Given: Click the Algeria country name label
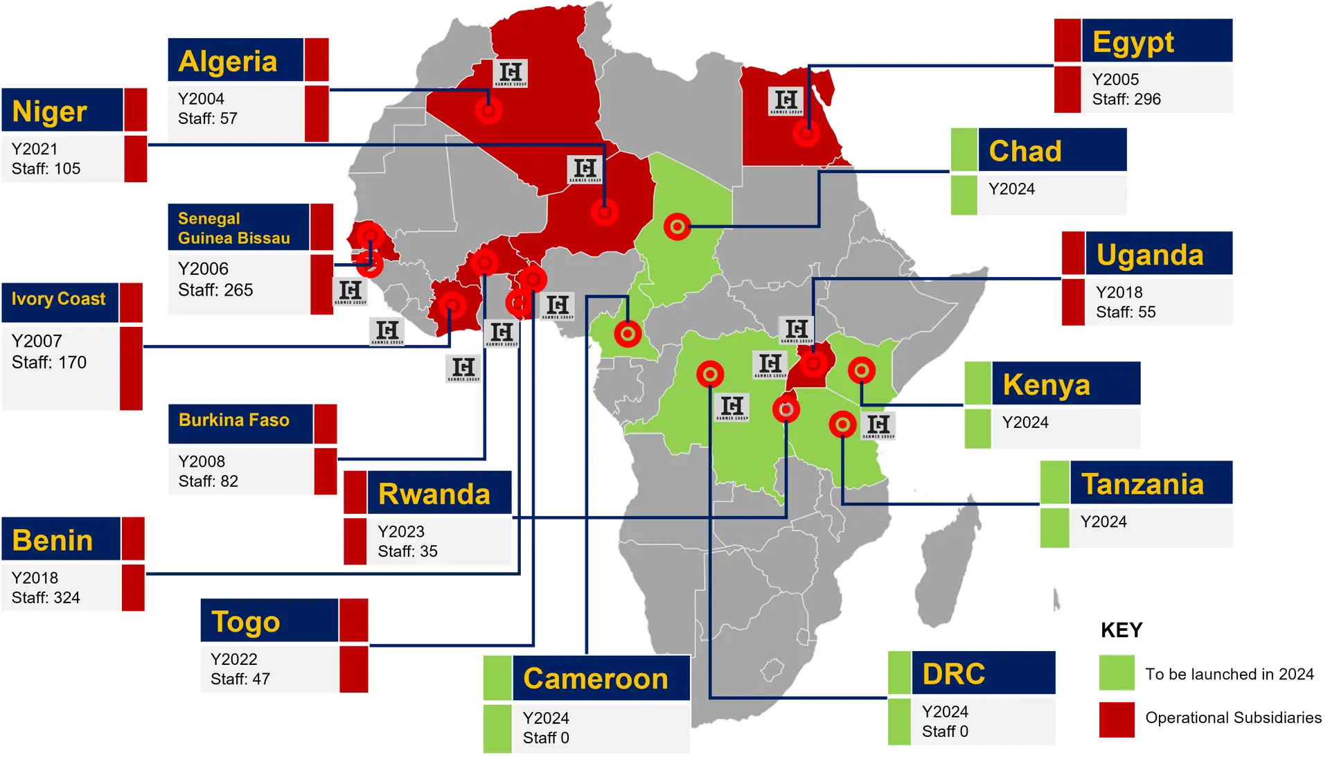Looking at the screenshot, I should [228, 61].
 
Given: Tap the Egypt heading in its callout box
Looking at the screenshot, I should [1133, 42].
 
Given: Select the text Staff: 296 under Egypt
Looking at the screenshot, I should [1126, 99].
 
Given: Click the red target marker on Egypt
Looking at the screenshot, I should [806, 133].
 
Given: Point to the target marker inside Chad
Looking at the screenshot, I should [677, 226].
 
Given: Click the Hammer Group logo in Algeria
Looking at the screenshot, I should [511, 73].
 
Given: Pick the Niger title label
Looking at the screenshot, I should [50, 112].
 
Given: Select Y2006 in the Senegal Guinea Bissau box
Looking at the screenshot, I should [203, 269].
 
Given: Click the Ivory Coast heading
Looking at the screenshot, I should [59, 299].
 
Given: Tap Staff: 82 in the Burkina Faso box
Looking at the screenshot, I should [209, 481].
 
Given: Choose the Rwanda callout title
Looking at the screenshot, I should [434, 495].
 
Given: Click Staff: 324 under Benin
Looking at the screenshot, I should [46, 598].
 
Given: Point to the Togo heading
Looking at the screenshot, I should [246, 622].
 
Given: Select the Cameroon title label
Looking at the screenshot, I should [596, 679].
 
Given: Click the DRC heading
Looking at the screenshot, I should [953, 674].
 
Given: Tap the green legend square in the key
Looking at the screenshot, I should [1117, 673].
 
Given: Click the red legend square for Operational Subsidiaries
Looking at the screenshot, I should [1117, 718].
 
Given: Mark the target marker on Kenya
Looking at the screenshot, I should [862, 371].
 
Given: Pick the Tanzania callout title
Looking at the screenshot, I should [1142, 484].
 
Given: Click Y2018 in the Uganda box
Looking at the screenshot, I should [1119, 292].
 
